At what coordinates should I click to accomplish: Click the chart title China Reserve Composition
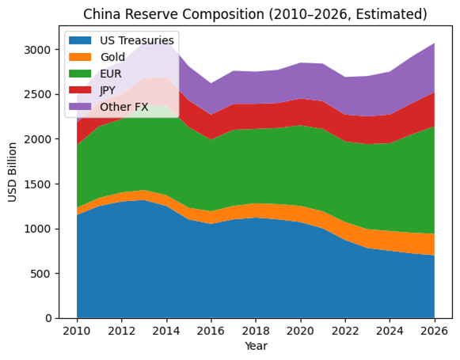tap(255, 14)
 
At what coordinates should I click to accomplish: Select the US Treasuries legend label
tap(138, 40)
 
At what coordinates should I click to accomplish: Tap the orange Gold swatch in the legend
tap(82, 57)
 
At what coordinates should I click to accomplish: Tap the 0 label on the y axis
tap(49, 319)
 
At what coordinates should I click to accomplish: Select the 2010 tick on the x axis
tap(77, 331)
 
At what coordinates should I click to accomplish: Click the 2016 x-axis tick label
tap(211, 331)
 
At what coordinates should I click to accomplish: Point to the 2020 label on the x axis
tap(300, 331)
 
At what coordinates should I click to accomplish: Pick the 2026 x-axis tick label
tap(434, 331)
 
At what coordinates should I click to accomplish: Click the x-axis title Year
tap(255, 346)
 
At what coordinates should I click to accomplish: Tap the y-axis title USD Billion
tap(13, 172)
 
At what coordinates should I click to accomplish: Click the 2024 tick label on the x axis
tap(390, 331)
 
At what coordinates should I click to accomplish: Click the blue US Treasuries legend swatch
tap(82, 40)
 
